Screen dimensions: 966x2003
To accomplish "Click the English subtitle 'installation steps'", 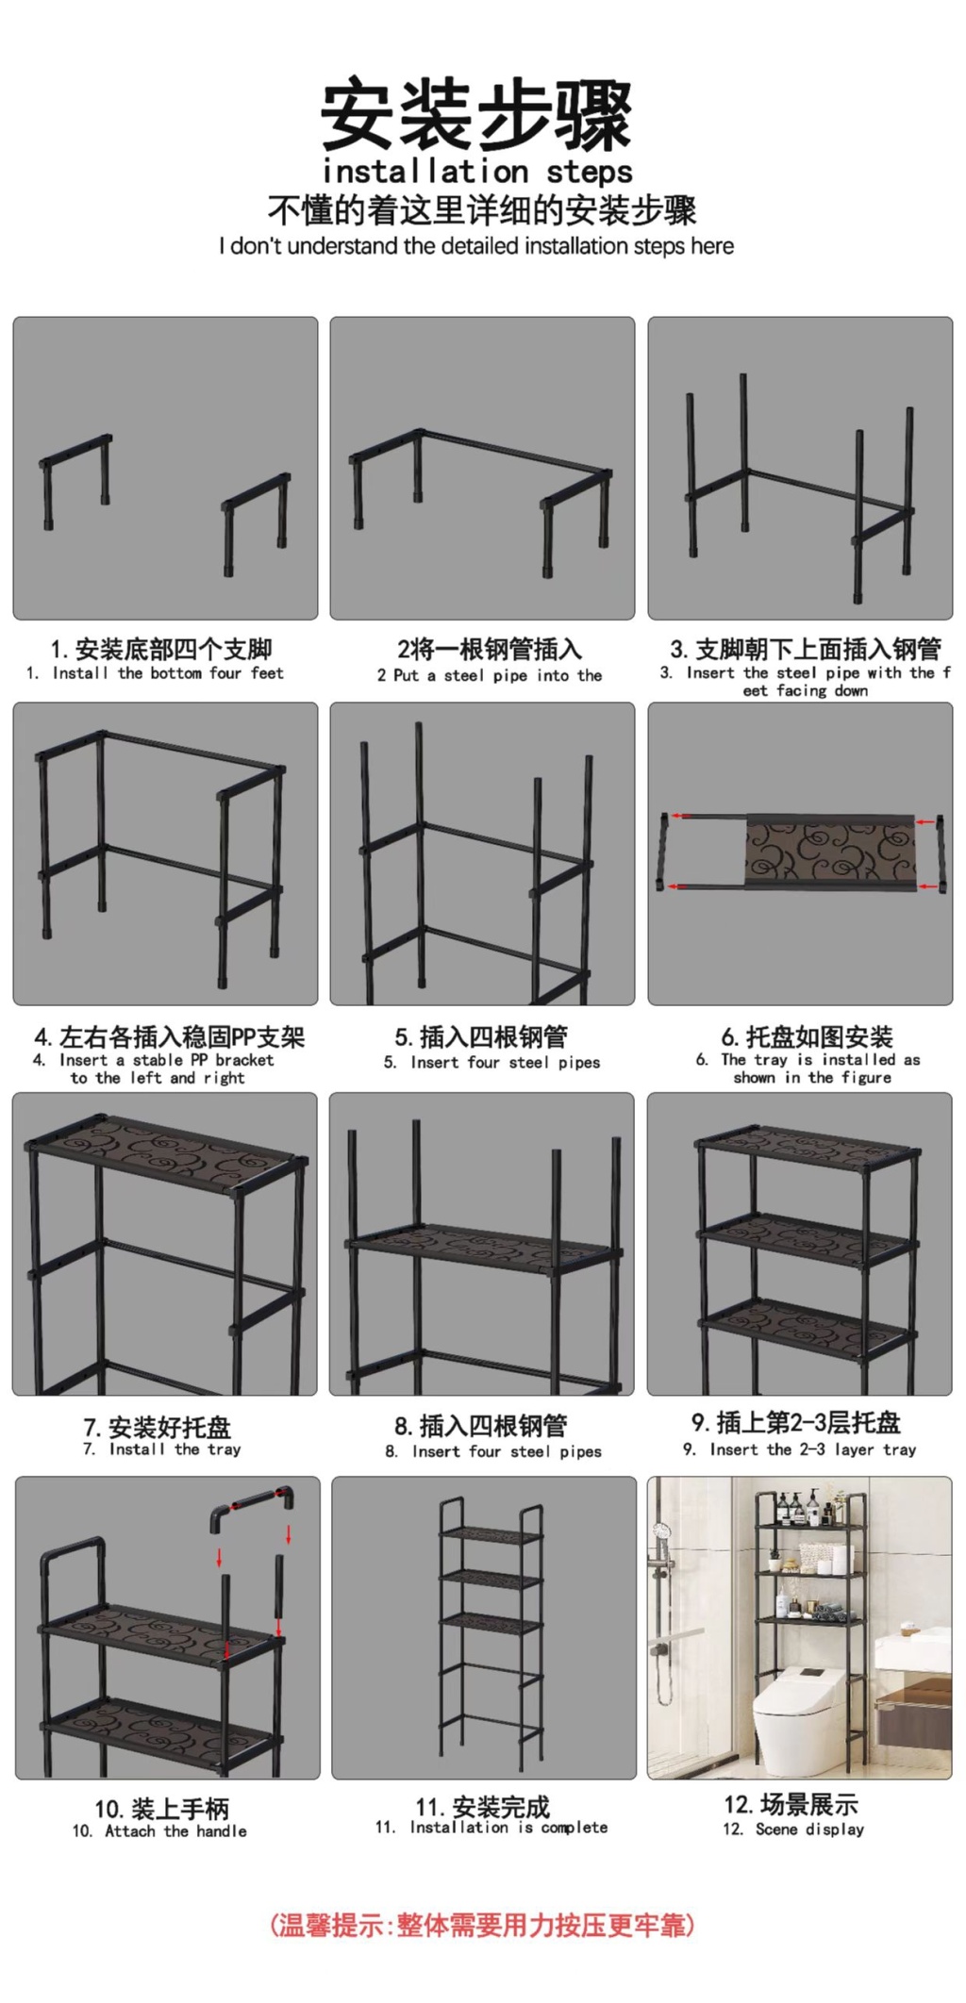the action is click(x=477, y=172).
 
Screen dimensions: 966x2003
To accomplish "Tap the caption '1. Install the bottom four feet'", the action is click(x=155, y=672).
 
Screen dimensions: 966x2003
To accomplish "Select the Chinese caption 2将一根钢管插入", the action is click(x=490, y=649).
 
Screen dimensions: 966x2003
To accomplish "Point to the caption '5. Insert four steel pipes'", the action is click(x=491, y=1062).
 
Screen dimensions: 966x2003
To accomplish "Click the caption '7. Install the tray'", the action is click(x=161, y=1448).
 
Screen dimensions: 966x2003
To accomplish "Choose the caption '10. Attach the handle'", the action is click(x=159, y=1830).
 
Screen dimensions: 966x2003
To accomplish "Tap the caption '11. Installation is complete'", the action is click(x=491, y=1827).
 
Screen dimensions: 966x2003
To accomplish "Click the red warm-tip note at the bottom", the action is click(x=482, y=1924).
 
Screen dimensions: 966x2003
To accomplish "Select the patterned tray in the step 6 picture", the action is click(x=830, y=853).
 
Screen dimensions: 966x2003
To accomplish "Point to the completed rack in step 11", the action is click(x=491, y=1627).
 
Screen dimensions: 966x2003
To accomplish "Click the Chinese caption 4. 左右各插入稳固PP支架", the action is click(x=170, y=1036).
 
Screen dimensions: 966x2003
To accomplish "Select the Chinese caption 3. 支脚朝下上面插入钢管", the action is click(x=806, y=649).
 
